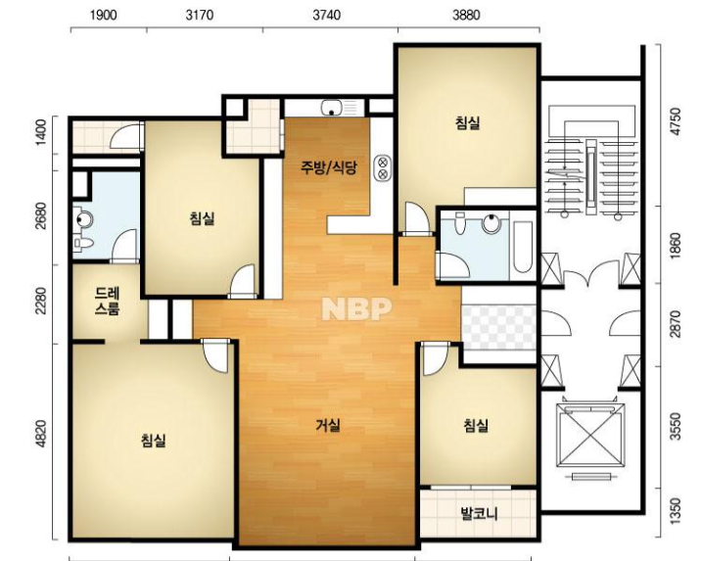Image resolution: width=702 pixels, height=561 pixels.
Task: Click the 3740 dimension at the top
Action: tap(327, 16)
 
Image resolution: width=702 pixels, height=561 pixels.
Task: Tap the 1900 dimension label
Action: tap(104, 16)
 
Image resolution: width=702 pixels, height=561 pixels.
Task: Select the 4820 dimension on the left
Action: tap(41, 434)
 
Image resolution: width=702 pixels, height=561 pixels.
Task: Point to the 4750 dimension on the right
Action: tap(676, 120)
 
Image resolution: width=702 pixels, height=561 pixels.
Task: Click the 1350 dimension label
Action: tap(676, 510)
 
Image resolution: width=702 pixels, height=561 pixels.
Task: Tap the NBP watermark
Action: tap(356, 309)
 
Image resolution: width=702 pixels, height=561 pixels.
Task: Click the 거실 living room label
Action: tap(328, 425)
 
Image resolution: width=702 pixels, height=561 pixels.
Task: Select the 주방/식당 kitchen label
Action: tap(329, 167)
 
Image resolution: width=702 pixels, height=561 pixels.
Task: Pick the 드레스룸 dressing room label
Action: tap(107, 302)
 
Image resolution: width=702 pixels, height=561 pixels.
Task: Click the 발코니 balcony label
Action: tap(479, 514)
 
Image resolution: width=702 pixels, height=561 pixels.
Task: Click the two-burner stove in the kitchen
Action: tap(383, 167)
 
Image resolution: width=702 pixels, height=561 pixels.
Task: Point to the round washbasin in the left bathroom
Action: tap(83, 219)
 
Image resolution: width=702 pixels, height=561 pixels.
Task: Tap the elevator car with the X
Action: tap(590, 436)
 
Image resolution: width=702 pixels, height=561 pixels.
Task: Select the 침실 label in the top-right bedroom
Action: tap(468, 122)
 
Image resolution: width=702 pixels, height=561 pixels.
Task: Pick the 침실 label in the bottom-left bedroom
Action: tap(153, 441)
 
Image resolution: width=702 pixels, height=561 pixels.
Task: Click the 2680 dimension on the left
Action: tap(41, 215)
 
